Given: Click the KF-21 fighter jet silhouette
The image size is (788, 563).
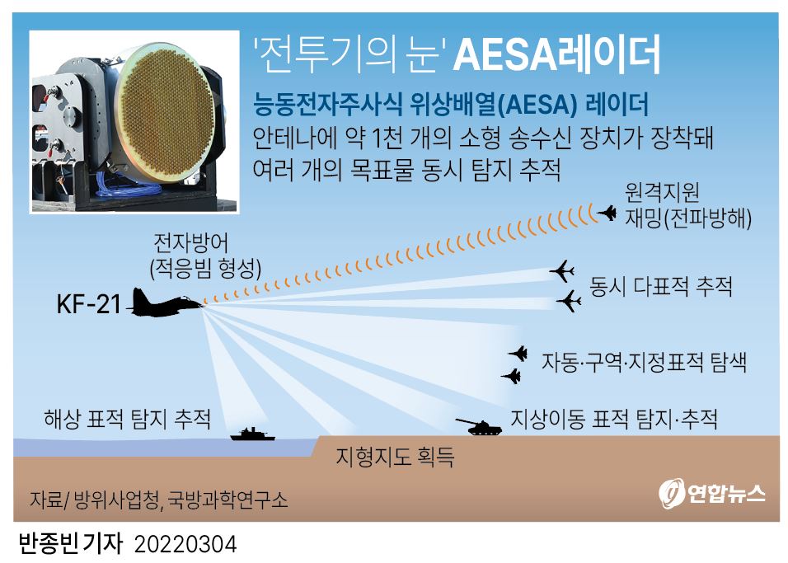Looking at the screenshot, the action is (x=166, y=303).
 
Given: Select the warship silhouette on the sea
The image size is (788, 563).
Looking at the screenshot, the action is (x=252, y=434).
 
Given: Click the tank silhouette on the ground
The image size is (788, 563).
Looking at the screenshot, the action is (x=479, y=427).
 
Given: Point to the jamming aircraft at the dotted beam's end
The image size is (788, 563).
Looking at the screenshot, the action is (x=607, y=213).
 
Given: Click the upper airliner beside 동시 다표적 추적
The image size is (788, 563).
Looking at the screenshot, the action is (x=562, y=271).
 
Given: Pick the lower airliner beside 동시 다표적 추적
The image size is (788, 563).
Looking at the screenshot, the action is (x=570, y=301).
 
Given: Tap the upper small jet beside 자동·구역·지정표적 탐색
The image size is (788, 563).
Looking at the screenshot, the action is (x=518, y=354).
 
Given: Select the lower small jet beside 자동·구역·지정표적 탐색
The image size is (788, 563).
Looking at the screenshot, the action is (x=511, y=376).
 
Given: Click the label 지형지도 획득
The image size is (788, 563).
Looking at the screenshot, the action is (x=395, y=457).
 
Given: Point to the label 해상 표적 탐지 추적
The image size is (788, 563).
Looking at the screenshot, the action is (x=127, y=419).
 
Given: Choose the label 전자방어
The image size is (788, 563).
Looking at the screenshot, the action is (x=190, y=243).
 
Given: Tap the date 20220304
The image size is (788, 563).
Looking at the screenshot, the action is (x=185, y=545).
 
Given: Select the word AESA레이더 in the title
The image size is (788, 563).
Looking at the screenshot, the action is (x=556, y=54).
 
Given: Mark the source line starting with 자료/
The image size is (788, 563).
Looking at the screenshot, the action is (x=159, y=500).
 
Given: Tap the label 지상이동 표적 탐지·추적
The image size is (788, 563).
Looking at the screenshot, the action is (x=613, y=419).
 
